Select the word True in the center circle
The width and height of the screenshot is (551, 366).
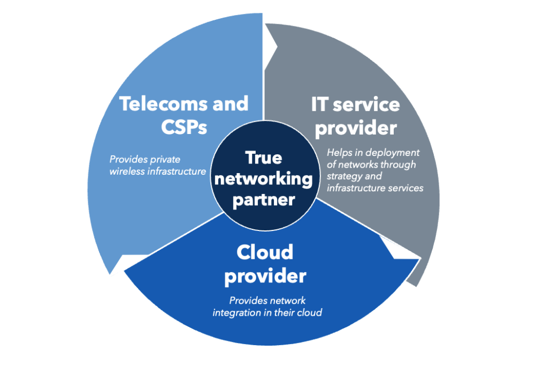tap(263, 158)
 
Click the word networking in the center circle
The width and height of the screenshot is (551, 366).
tap(263, 178)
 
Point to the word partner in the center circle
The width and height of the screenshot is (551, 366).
tap(263, 199)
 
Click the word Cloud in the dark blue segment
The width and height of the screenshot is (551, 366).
tap(265, 252)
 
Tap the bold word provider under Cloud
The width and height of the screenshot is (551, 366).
tap(265, 276)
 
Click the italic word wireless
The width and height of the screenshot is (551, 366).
tap(127, 171)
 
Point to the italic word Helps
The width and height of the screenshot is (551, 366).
tap(339, 153)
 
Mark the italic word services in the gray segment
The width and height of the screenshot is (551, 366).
tap(406, 188)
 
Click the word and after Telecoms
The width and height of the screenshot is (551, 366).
tap(230, 103)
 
